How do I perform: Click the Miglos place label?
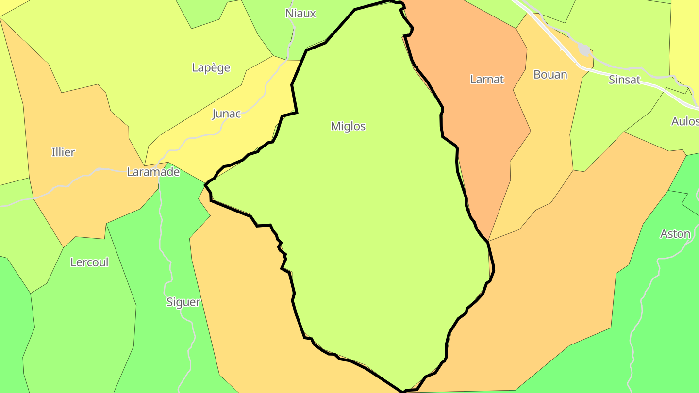coord(348,126)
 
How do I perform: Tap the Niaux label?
coord(300,14)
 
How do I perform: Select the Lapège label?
coord(211,68)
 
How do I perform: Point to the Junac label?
coord(226,114)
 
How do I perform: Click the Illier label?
coord(63,152)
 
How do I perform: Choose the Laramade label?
coord(153,172)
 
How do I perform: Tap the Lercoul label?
coord(89,262)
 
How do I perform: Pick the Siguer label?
coord(183,302)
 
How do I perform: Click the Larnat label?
coord(487,80)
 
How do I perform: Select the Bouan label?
coord(550,75)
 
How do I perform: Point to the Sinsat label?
coord(624,80)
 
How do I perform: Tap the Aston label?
coord(675,234)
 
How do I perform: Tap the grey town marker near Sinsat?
coord(584,50)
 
